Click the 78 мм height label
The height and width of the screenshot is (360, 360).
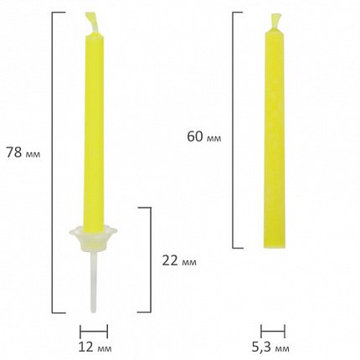point(23,152)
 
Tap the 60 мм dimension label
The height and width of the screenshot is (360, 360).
point(204,136)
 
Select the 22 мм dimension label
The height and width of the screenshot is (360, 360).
point(179,260)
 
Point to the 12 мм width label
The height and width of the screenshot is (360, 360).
point(95,347)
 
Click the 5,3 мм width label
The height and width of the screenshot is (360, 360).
point(270,347)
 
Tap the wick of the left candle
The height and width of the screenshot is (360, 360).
point(92,23)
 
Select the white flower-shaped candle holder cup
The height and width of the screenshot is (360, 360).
point(93,239)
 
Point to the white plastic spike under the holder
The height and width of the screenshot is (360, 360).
point(93,280)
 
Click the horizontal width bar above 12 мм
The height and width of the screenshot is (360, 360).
point(94,332)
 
